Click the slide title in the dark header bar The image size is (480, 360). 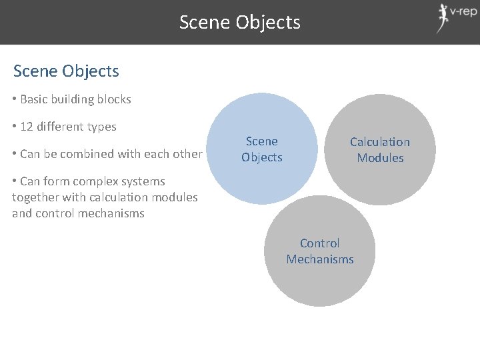(x=240, y=23)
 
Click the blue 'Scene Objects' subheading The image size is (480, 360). (x=66, y=71)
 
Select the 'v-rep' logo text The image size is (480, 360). (x=463, y=12)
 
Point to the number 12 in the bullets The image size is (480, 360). (x=27, y=127)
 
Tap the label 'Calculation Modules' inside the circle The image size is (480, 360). (x=380, y=149)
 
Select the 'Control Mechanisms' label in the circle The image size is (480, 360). (x=320, y=251)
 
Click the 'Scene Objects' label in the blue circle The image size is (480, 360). (x=262, y=149)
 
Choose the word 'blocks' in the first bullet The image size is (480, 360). (x=114, y=99)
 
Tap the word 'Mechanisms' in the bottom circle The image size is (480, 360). (x=320, y=259)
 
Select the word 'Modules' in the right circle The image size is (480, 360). (x=380, y=158)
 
